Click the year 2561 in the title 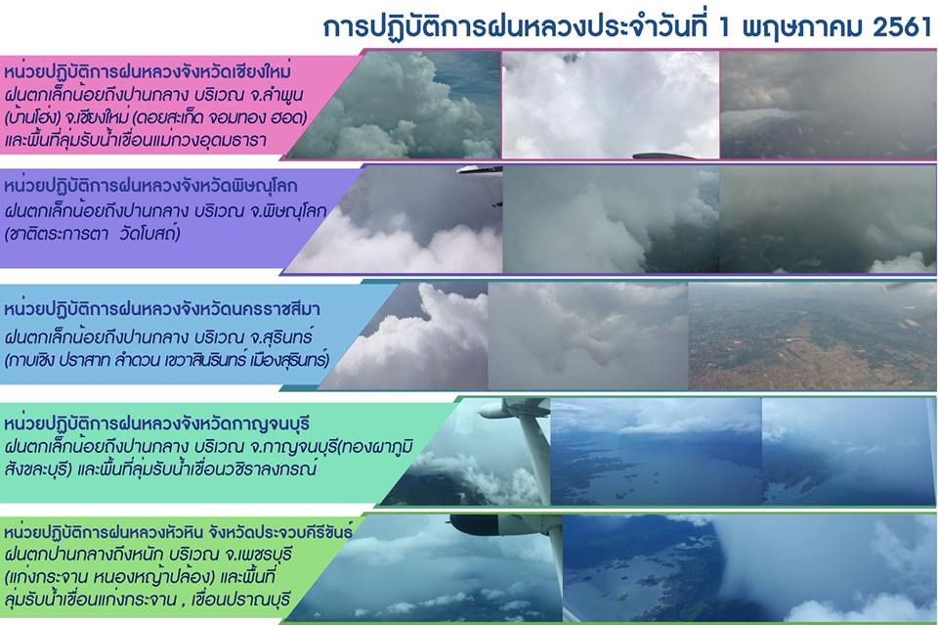click(x=903, y=27)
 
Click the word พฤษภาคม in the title click(x=800, y=28)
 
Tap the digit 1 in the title click(x=724, y=27)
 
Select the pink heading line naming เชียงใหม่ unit click(x=148, y=72)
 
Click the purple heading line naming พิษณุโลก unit click(x=150, y=186)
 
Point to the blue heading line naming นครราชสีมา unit click(x=161, y=309)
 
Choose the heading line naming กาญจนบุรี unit click(x=156, y=424)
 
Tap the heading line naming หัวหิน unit click(x=178, y=532)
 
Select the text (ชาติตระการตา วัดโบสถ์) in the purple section click(x=92, y=234)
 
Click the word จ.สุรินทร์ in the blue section click(x=282, y=337)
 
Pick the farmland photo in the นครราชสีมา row click(x=812, y=335)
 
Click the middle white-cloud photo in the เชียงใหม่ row click(x=611, y=105)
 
